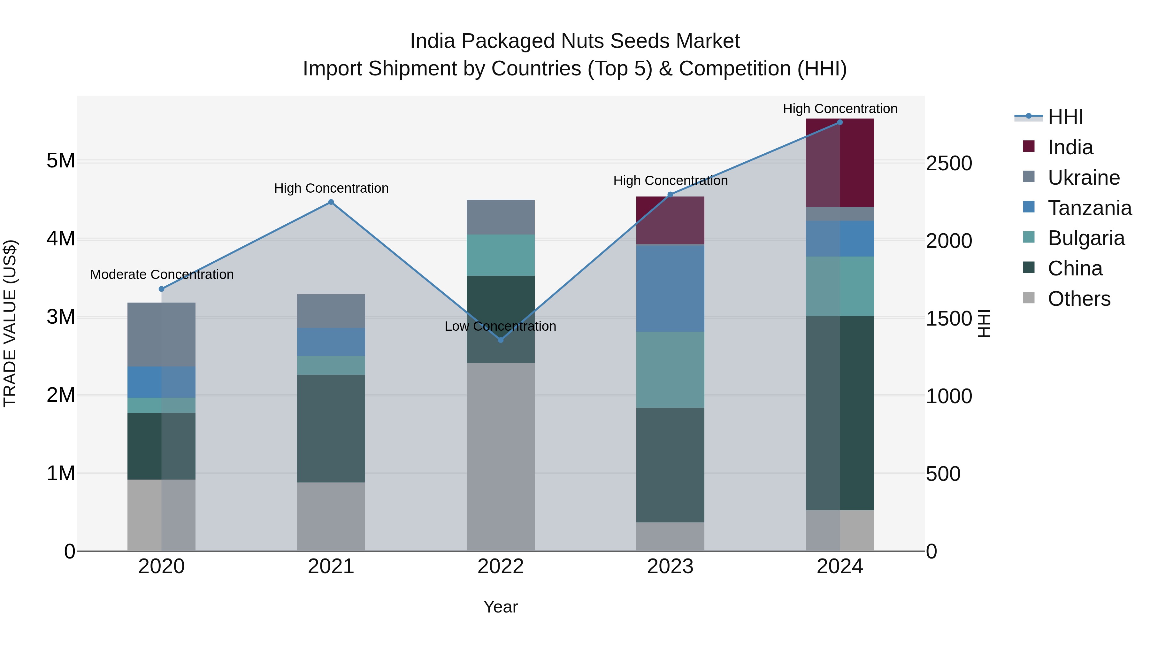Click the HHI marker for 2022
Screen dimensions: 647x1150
tap(501, 340)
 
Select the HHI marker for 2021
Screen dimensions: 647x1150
tap(331, 202)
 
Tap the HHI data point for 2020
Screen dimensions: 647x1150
tap(162, 289)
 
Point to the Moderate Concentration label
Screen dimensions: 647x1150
tap(162, 274)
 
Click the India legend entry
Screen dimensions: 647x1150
tap(1070, 147)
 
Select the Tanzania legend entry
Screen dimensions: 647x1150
tap(1089, 208)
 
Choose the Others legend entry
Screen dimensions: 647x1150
tap(1078, 299)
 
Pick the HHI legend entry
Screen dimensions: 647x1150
tap(1065, 117)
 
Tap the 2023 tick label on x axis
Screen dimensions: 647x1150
tap(670, 566)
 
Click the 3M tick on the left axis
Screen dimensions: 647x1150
tap(61, 317)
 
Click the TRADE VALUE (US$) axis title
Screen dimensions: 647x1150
tap(10, 323)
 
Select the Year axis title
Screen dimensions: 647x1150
tap(501, 607)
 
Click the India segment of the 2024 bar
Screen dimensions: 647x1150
tap(840, 163)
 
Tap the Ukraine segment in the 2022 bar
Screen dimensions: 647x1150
tap(501, 217)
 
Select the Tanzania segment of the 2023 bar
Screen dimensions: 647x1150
tap(670, 288)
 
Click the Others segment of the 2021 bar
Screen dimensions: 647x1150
tap(331, 516)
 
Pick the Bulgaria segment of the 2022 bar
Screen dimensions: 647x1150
tap(501, 255)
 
